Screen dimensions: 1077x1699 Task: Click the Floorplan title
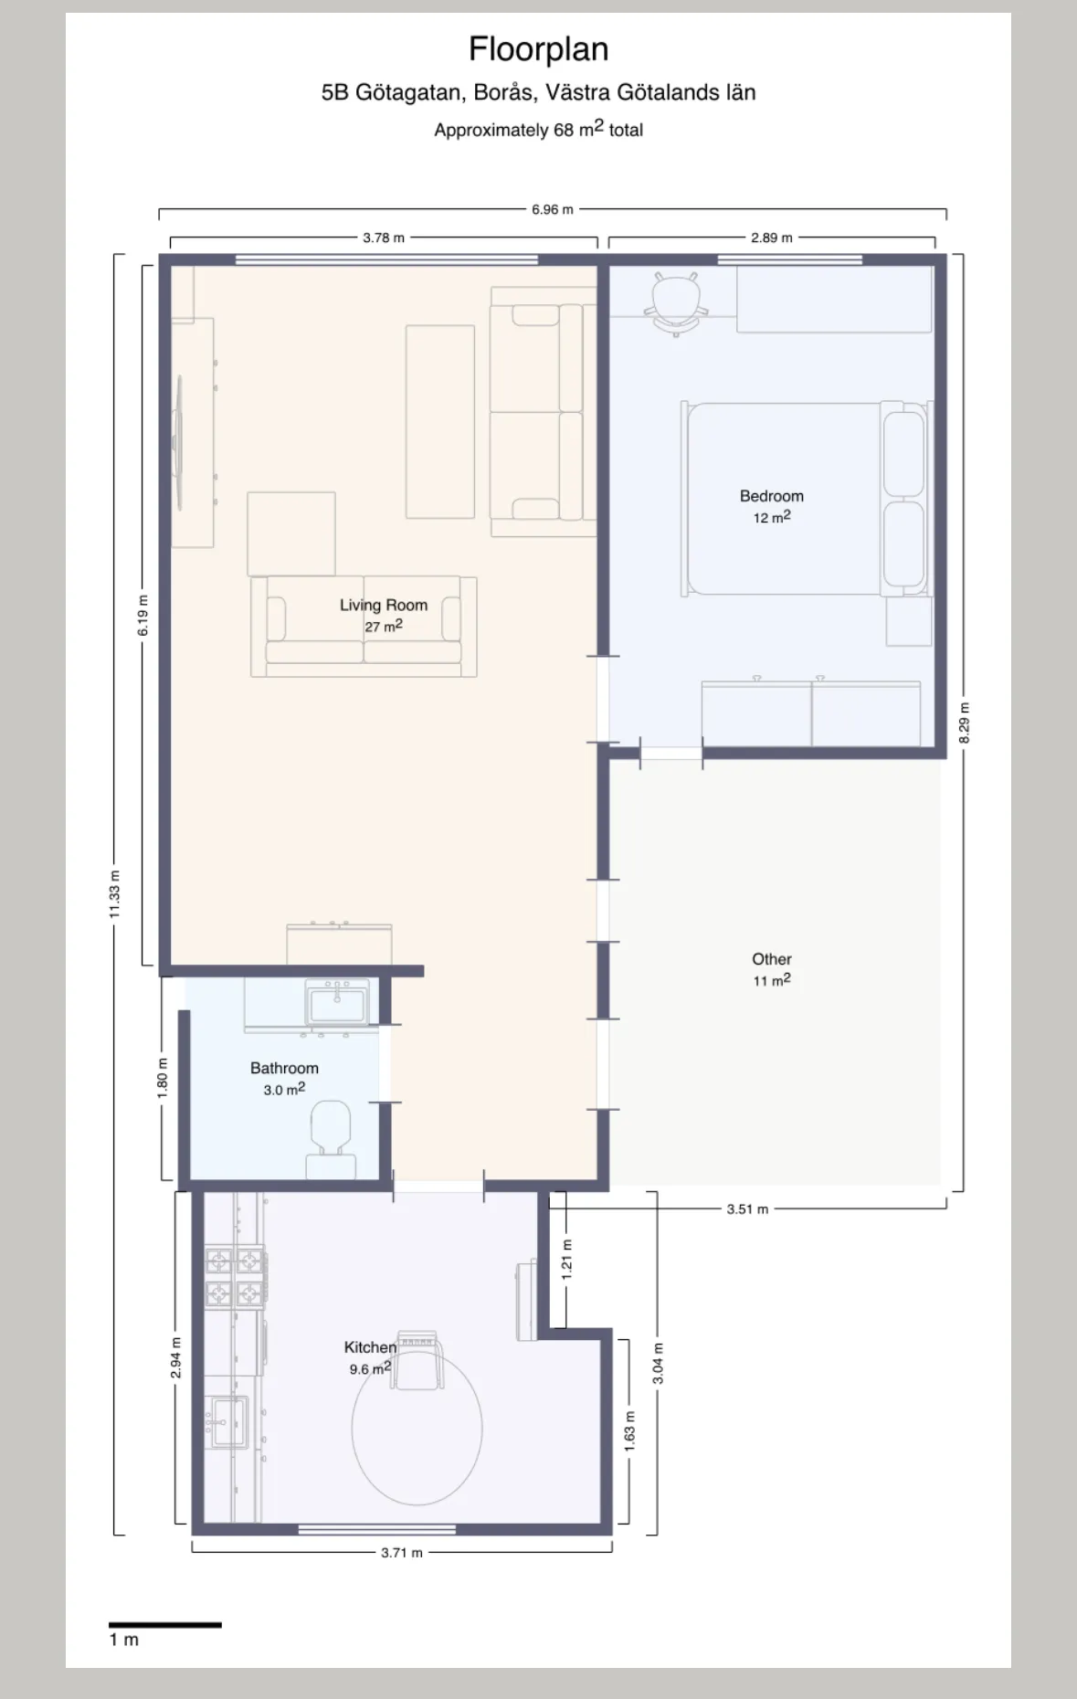click(x=538, y=49)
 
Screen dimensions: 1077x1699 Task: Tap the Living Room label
click(x=384, y=605)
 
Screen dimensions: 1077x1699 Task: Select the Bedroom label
click(x=772, y=496)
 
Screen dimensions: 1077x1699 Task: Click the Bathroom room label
click(x=284, y=1068)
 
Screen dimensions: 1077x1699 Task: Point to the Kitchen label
click(x=370, y=1347)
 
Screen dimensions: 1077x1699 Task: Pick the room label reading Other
click(x=772, y=959)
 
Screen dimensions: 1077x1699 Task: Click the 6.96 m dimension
click(x=553, y=209)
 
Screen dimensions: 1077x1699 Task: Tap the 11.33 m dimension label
click(x=114, y=894)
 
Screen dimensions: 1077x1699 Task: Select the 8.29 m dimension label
click(x=965, y=723)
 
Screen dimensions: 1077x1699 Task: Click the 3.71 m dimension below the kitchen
click(x=402, y=1552)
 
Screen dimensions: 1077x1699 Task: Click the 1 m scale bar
click(x=165, y=1625)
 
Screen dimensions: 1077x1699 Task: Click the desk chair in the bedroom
click(x=676, y=301)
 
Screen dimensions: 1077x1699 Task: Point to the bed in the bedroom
click(x=808, y=499)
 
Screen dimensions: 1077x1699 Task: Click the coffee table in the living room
click(x=440, y=422)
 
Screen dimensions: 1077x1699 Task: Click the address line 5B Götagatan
click(x=538, y=92)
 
